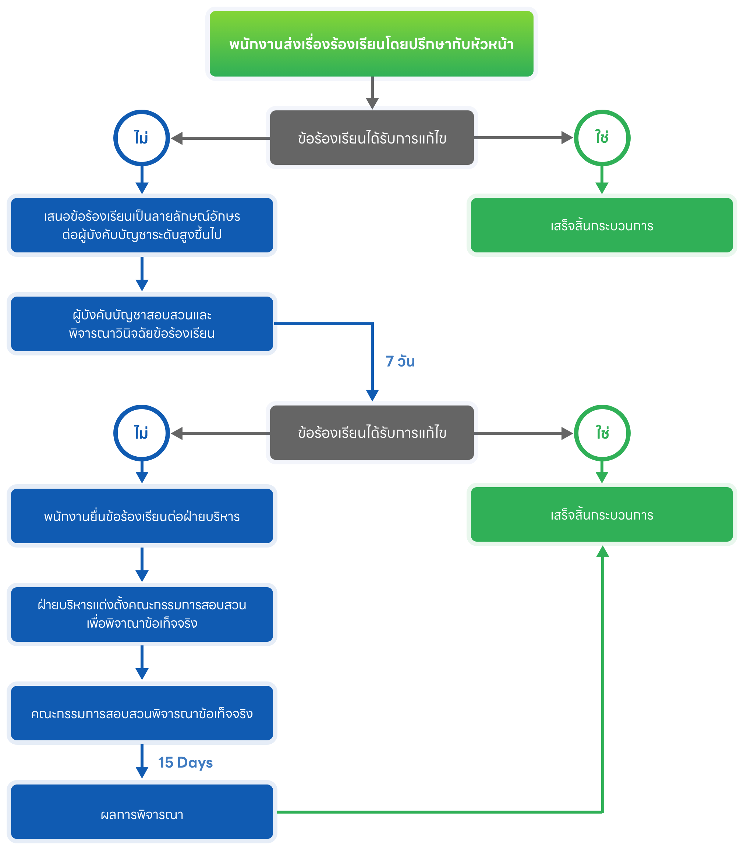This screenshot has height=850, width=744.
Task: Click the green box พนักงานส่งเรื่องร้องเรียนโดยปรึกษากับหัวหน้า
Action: [371, 43]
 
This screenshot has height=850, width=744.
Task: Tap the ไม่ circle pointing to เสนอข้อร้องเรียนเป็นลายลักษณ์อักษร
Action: [142, 138]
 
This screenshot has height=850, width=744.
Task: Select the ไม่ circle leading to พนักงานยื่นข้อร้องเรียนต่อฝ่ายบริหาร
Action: [142, 433]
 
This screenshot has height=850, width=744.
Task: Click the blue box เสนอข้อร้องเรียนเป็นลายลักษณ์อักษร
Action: [142, 225]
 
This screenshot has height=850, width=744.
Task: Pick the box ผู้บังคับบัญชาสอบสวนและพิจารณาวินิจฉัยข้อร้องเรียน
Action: [142, 323]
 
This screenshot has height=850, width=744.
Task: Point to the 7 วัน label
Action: [400, 361]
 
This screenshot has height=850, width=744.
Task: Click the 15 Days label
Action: [185, 762]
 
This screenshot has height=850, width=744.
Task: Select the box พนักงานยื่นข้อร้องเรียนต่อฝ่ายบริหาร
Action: [142, 516]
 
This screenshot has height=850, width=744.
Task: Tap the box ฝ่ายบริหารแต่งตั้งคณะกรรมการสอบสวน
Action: [142, 614]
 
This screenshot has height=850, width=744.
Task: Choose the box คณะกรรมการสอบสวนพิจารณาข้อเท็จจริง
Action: [142, 713]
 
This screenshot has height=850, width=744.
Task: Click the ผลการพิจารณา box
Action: [142, 814]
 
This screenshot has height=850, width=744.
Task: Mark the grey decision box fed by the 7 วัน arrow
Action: [372, 433]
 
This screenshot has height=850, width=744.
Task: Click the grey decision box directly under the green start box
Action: [372, 138]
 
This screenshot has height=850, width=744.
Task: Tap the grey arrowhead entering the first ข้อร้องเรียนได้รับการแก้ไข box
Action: [372, 103]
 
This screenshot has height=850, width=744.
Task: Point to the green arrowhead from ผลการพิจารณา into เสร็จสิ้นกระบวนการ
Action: [602, 552]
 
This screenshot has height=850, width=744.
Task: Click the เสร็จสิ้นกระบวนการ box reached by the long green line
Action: [602, 514]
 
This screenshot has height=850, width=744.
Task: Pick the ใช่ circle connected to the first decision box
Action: [602, 138]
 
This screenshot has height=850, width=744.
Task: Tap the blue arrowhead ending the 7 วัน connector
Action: [372, 395]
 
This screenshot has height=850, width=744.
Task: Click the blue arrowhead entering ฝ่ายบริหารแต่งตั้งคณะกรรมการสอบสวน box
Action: [142, 576]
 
